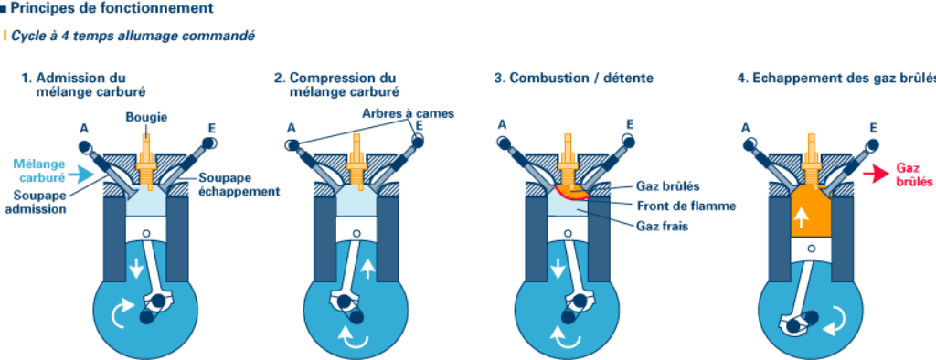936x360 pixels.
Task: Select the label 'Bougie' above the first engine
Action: [146, 116]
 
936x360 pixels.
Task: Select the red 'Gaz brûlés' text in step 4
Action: [912, 175]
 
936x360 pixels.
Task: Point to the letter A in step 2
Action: [292, 128]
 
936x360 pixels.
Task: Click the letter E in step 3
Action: [630, 123]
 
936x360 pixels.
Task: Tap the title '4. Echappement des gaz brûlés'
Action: [835, 79]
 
